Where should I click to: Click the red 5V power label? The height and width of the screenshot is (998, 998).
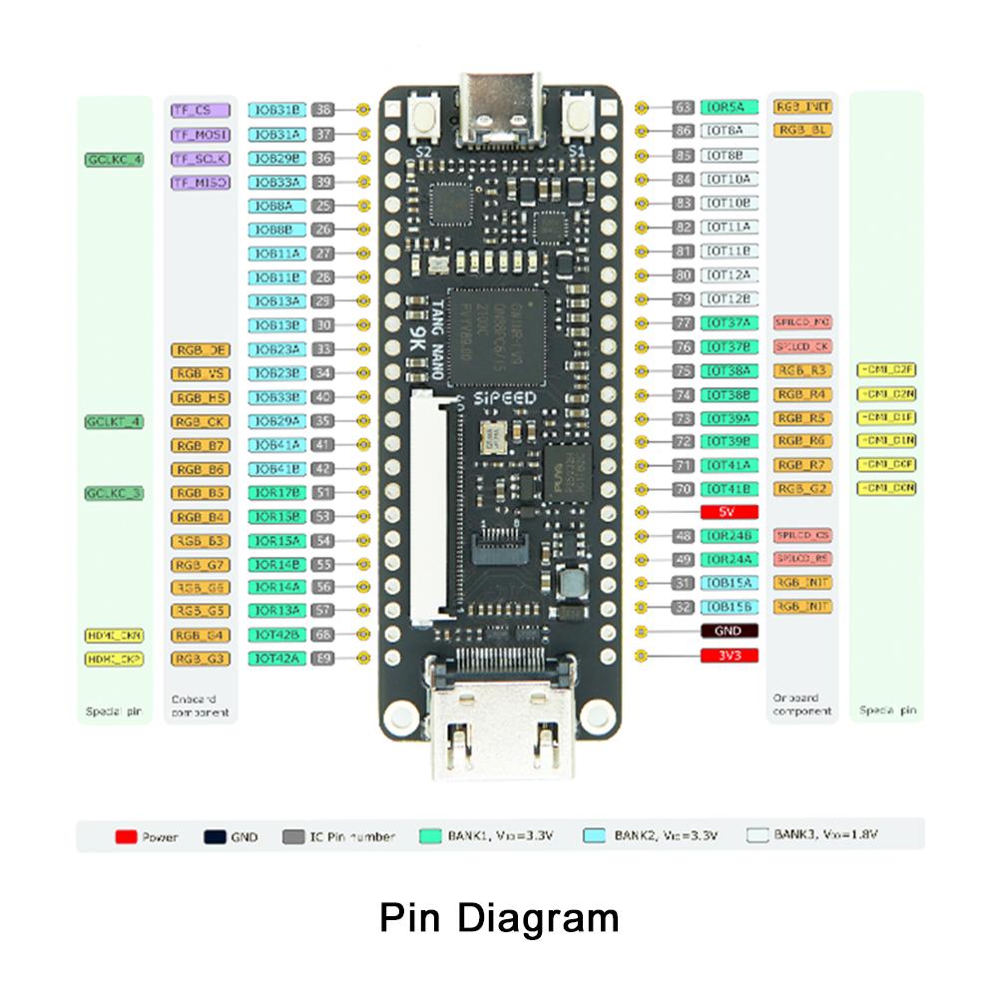point(730,512)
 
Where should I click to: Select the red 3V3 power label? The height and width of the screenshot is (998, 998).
point(730,656)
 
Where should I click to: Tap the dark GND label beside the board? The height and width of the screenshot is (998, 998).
point(730,632)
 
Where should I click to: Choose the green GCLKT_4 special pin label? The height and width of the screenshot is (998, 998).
point(114,422)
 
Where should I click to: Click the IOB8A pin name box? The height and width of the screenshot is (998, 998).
point(275,207)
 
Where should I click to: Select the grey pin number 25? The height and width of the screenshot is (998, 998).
point(322,207)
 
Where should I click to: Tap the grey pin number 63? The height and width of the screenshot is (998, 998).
point(683,107)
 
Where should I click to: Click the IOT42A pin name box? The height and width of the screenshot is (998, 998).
point(275,659)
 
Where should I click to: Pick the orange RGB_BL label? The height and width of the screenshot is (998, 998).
point(803,131)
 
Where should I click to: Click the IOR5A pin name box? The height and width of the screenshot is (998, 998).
point(730,107)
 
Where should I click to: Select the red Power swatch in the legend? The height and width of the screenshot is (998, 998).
point(126,836)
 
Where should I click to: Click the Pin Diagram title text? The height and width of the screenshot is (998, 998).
point(499,917)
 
